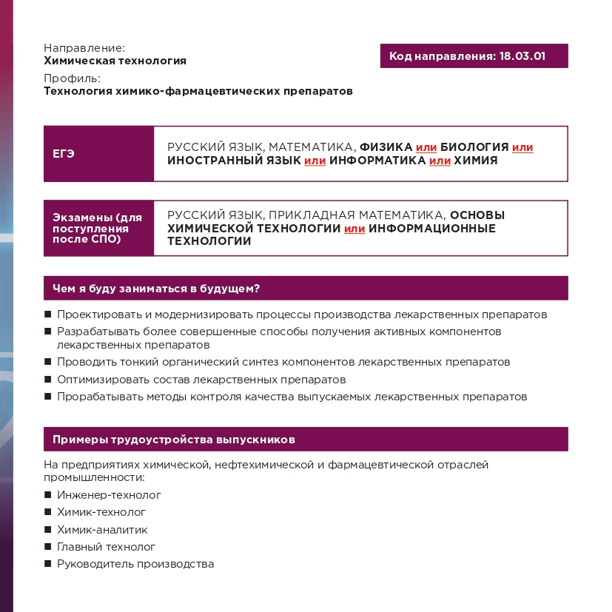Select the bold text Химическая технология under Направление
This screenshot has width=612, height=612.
click(x=115, y=61)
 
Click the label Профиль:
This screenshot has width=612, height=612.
click(x=72, y=78)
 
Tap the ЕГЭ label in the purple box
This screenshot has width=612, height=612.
click(x=64, y=154)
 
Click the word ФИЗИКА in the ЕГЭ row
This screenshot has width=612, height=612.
click(x=386, y=147)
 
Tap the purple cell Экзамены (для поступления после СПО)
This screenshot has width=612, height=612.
click(x=98, y=228)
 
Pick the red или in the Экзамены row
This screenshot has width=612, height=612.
click(x=354, y=229)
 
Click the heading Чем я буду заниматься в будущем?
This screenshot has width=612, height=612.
click(x=161, y=288)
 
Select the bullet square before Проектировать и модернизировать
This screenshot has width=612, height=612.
click(x=48, y=315)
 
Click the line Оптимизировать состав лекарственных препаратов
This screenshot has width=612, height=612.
click(x=201, y=380)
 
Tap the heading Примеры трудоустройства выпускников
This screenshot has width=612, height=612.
click(x=174, y=440)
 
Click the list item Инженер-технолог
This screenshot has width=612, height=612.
click(x=109, y=495)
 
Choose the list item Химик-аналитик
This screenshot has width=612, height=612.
click(x=102, y=530)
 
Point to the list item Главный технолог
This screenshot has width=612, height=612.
click(x=106, y=547)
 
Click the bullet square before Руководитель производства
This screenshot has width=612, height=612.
click(x=48, y=564)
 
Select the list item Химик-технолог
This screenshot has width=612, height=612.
click(x=101, y=512)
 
